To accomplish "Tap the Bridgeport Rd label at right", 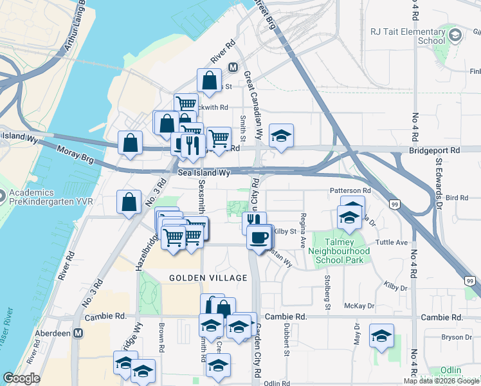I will [x=435, y=150].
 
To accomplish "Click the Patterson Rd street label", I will [x=350, y=190].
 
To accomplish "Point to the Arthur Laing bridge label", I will [x=74, y=30].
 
